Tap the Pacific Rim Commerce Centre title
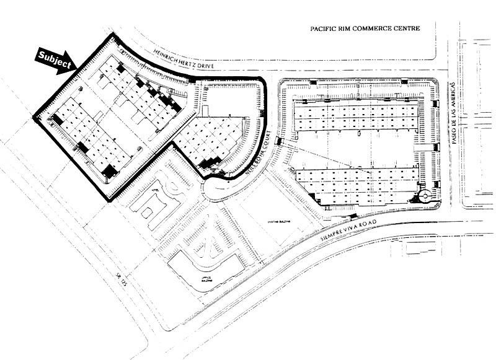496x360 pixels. [x=365, y=29]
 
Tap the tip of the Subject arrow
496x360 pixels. [x=74, y=64]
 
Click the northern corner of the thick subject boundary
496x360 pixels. [x=112, y=35]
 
